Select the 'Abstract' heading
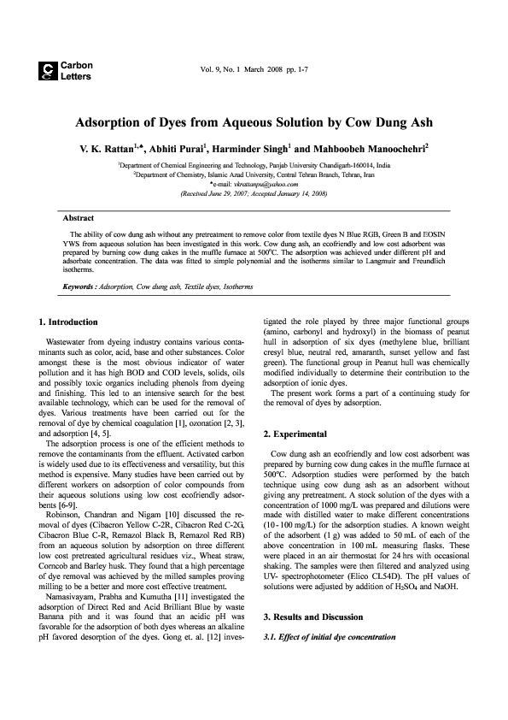coord(79,218)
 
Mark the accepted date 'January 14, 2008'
coord(295,194)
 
